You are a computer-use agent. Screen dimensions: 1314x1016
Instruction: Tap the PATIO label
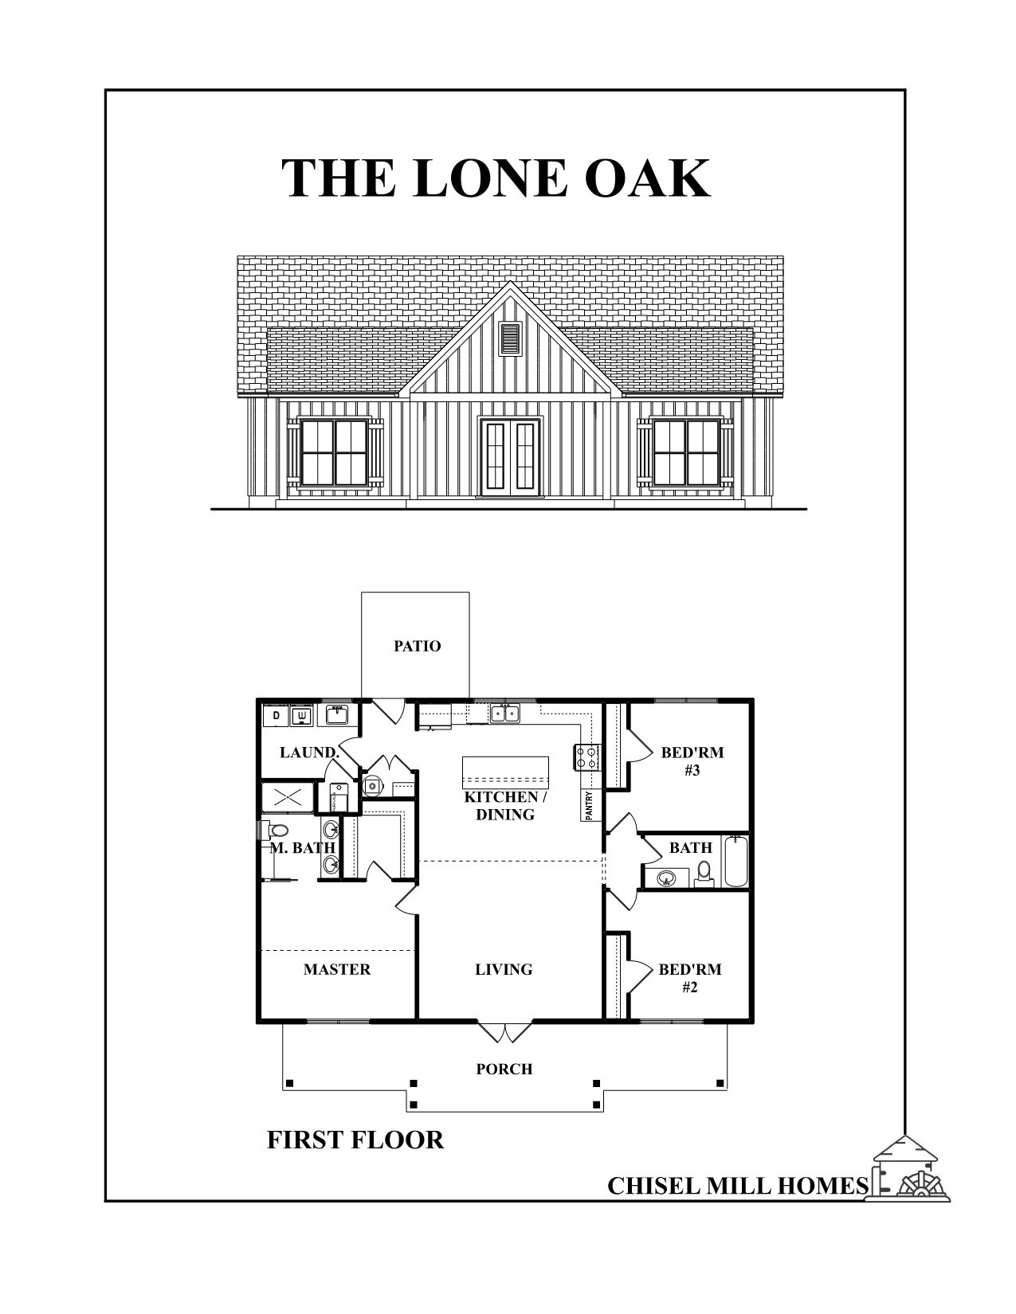[417, 646]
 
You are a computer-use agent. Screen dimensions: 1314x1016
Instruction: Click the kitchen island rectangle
[505, 771]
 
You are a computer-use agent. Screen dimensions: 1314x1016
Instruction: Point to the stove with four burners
[587, 756]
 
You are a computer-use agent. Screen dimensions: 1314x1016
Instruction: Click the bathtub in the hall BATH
[735, 861]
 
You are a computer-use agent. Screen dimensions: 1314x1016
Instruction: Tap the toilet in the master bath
[277, 831]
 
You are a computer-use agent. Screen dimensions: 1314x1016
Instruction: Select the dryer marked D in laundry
[277, 716]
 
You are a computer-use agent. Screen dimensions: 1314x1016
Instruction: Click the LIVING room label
[504, 969]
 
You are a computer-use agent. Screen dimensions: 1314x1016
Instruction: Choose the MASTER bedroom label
[336, 969]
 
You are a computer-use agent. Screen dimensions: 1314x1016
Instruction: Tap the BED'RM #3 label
[692, 761]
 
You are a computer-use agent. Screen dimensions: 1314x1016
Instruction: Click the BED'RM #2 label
[689, 978]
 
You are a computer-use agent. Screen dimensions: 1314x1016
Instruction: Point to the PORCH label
[504, 1069]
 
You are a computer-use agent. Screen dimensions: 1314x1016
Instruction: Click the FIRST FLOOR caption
[355, 1140]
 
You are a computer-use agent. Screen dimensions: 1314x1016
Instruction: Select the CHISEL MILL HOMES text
[737, 1186]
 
